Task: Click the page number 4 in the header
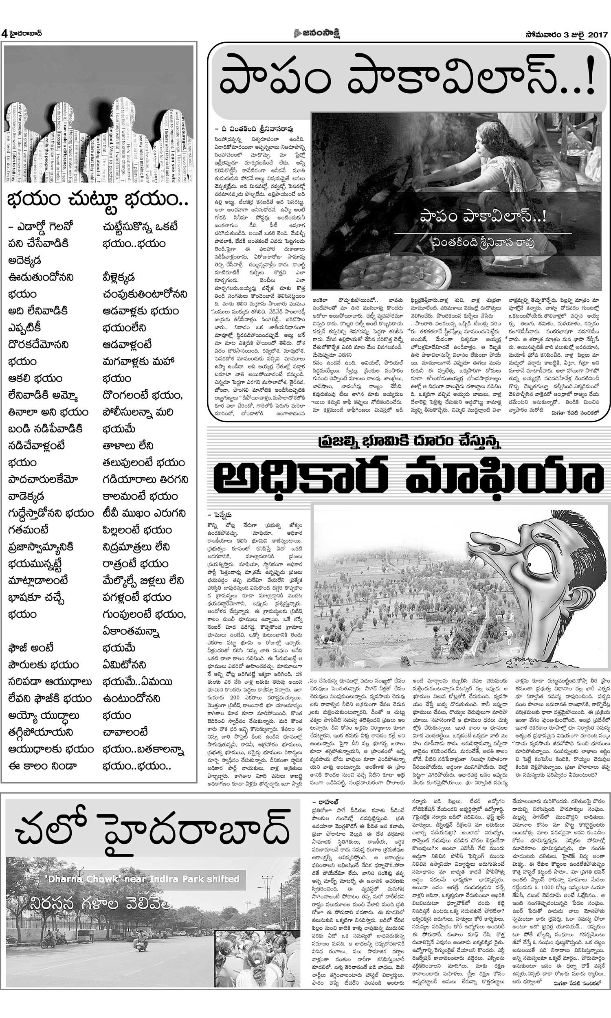pyautogui.click(x=4, y=34)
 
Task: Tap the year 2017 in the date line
pyautogui.click(x=598, y=35)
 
